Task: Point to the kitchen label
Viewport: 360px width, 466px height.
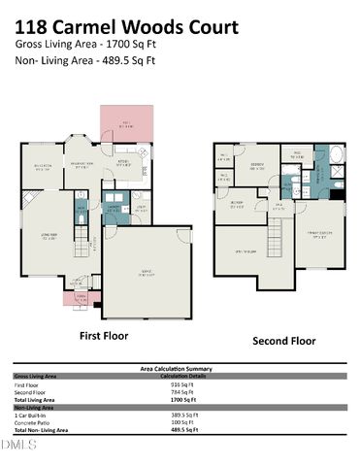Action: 124,164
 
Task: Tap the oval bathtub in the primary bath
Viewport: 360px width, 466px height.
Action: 336,154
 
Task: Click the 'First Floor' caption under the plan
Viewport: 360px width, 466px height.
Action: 103,336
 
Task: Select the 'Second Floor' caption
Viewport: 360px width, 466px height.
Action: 283,341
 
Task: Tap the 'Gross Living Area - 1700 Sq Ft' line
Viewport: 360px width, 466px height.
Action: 84,44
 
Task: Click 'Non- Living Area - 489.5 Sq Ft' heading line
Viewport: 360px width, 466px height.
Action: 85,60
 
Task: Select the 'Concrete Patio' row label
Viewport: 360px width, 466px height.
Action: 35,421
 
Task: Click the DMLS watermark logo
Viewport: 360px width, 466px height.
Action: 17,444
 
